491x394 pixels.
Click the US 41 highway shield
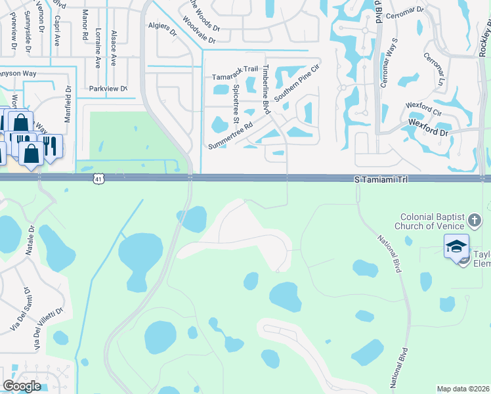[98, 178]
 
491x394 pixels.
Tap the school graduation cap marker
[456, 247]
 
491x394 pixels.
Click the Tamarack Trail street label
[231, 77]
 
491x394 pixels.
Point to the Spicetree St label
[236, 107]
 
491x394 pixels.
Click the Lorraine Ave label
[98, 51]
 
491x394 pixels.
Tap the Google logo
[22, 386]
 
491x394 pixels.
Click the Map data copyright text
[463, 389]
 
